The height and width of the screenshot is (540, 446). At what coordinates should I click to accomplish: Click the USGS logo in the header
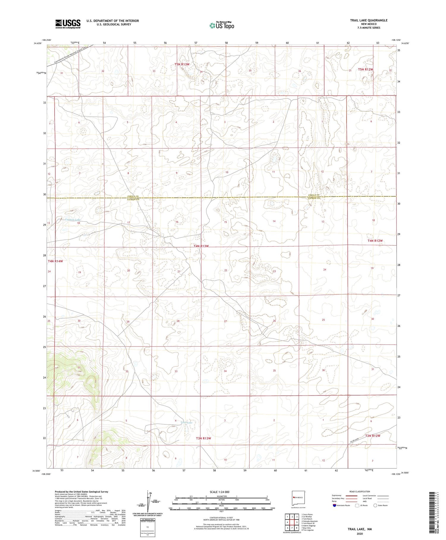(x=68, y=24)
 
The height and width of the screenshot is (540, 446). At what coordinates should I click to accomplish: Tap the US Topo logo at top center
(x=222, y=25)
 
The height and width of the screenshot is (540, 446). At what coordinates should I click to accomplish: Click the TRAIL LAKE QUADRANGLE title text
(x=369, y=20)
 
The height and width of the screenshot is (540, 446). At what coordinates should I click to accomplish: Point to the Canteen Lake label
(x=73, y=220)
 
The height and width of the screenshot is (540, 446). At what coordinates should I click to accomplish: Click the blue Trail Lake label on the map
(x=186, y=422)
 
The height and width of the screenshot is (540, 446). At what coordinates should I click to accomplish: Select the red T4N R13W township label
(x=201, y=246)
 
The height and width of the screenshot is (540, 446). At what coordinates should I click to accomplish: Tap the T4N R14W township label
(x=55, y=261)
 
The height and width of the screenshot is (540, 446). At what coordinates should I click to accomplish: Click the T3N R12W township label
(x=373, y=436)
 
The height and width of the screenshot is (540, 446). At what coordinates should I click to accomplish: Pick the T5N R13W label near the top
(x=182, y=64)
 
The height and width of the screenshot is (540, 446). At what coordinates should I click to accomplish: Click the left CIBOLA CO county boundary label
(x=133, y=196)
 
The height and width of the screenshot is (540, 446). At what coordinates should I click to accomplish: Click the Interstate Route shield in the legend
(x=334, y=505)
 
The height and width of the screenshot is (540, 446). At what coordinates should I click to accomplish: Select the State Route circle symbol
(x=376, y=505)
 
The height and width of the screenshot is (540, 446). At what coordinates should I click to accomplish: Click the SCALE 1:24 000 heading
(x=219, y=492)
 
